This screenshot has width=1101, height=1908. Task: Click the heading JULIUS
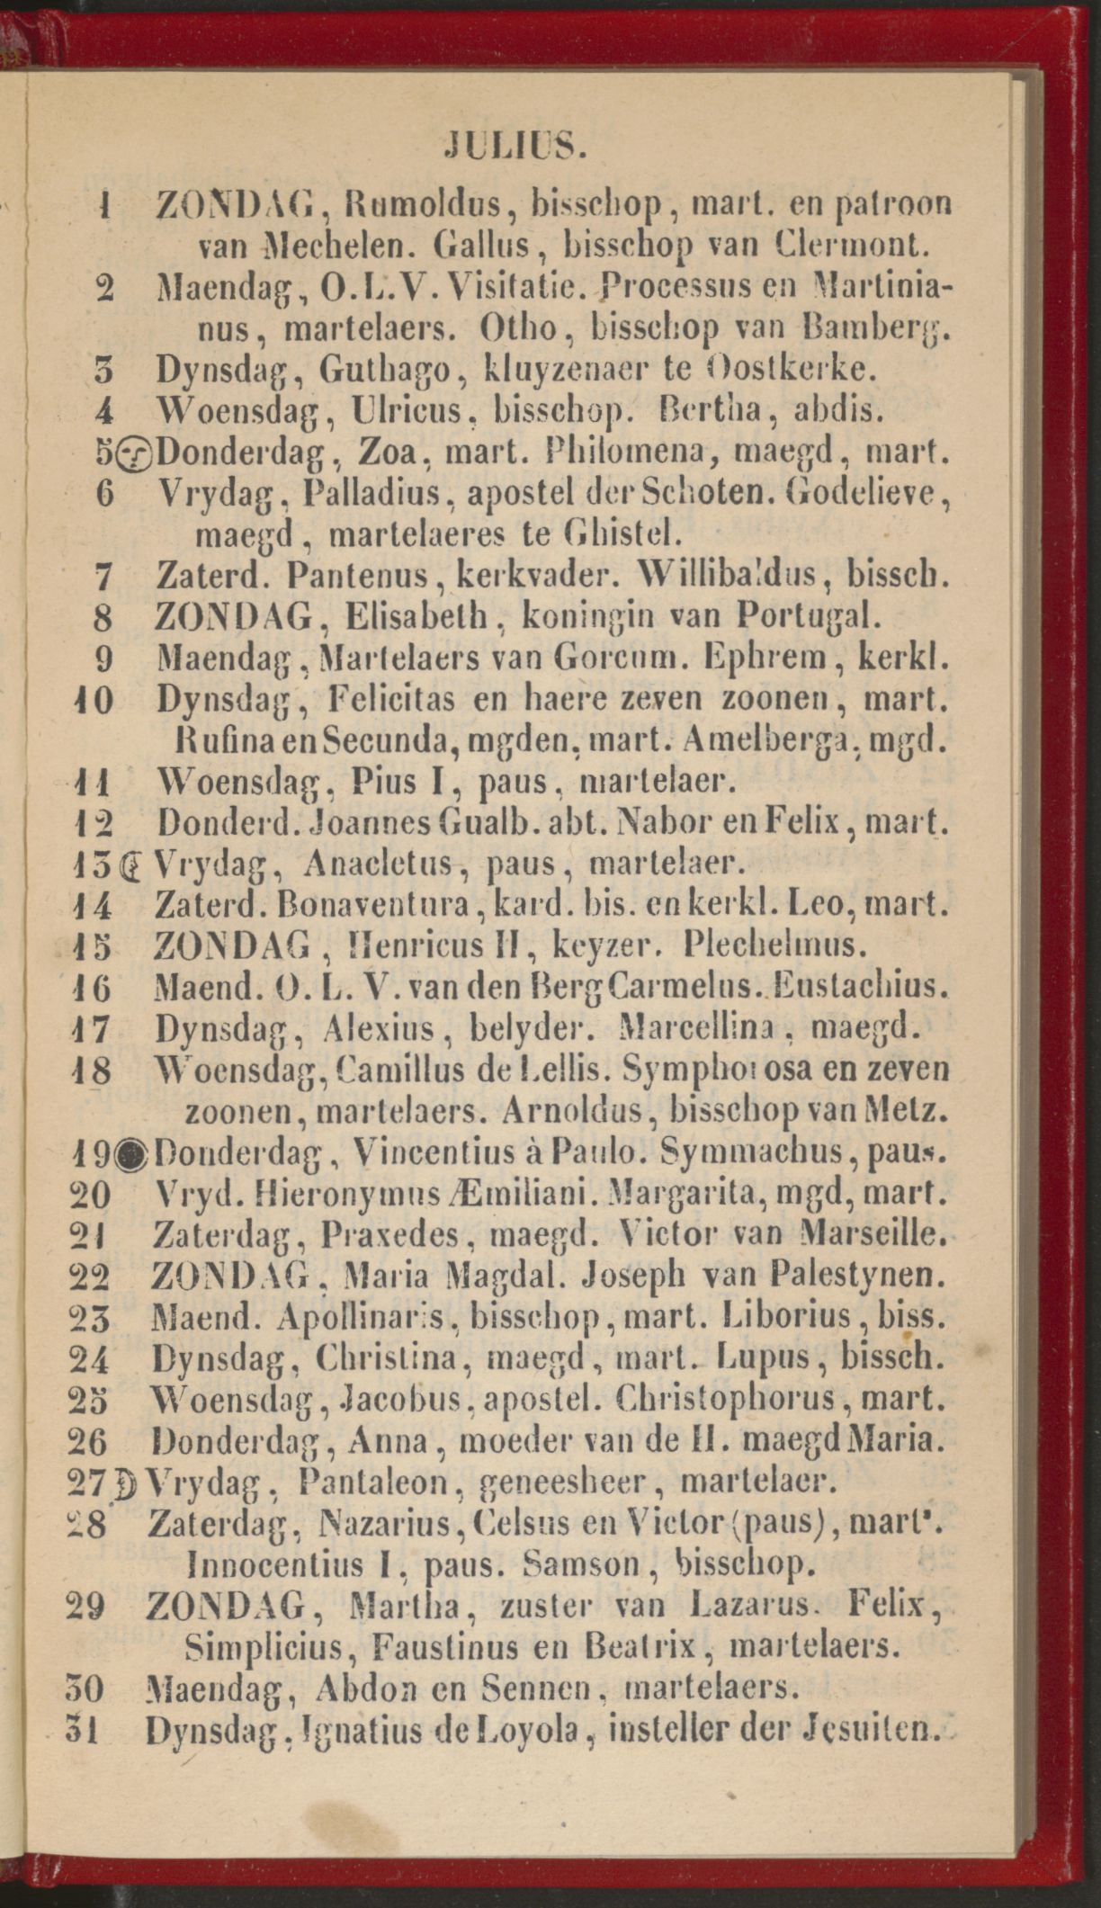515,145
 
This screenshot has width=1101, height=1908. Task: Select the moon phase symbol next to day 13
131,865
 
